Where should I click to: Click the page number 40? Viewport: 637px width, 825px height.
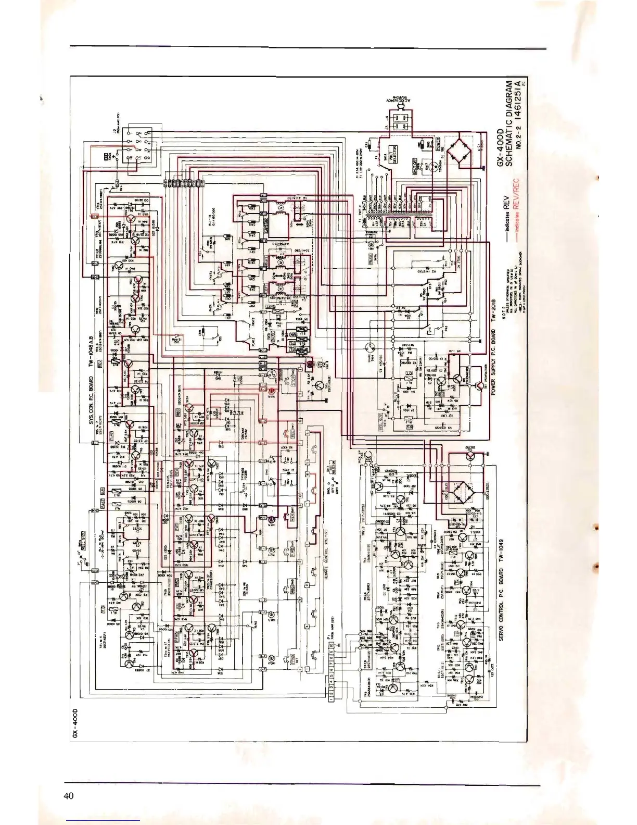[x=69, y=795]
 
